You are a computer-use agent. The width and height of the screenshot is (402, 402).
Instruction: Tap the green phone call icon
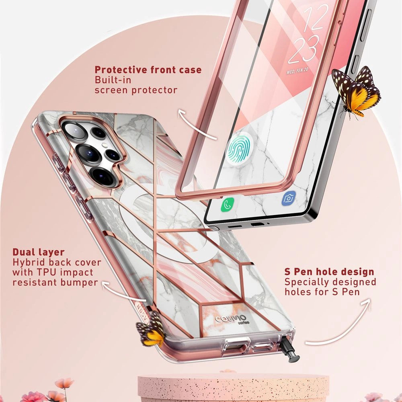click(227, 204)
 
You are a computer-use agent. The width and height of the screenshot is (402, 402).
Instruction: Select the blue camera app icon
click(289, 198)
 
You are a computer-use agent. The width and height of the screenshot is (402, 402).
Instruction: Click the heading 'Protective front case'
click(148, 70)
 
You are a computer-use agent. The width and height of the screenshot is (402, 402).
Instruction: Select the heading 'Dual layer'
click(39, 252)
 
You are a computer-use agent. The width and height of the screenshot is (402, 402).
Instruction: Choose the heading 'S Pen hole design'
click(329, 271)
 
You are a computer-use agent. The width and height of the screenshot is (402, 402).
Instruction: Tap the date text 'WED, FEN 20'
click(297, 70)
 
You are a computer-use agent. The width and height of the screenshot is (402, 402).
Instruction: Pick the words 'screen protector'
click(136, 90)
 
